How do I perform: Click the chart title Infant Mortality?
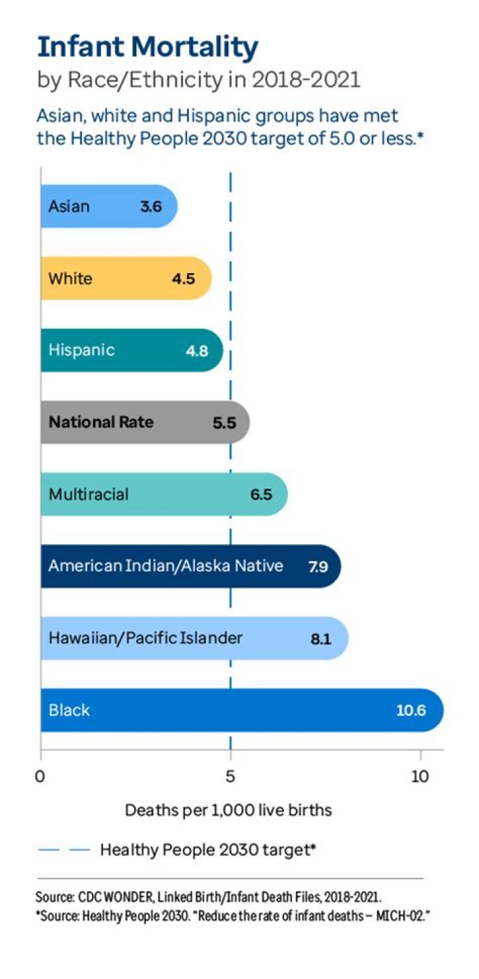pos(148,48)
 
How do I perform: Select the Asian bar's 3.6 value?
pos(151,206)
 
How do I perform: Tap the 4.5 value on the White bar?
pos(183,278)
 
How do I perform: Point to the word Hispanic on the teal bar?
pos(81,350)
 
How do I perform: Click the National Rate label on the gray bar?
pos(101,422)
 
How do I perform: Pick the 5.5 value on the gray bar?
pos(224,422)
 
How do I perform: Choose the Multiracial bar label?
pos(88,494)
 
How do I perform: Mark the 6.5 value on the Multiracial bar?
pos(261,494)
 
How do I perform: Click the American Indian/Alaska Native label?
pos(166,566)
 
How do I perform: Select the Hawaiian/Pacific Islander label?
pos(146,638)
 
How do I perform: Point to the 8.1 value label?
pos(320,639)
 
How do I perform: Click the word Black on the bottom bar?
pos(69,710)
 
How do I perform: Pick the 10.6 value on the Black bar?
pos(410,711)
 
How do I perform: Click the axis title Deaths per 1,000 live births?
pos(228,811)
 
